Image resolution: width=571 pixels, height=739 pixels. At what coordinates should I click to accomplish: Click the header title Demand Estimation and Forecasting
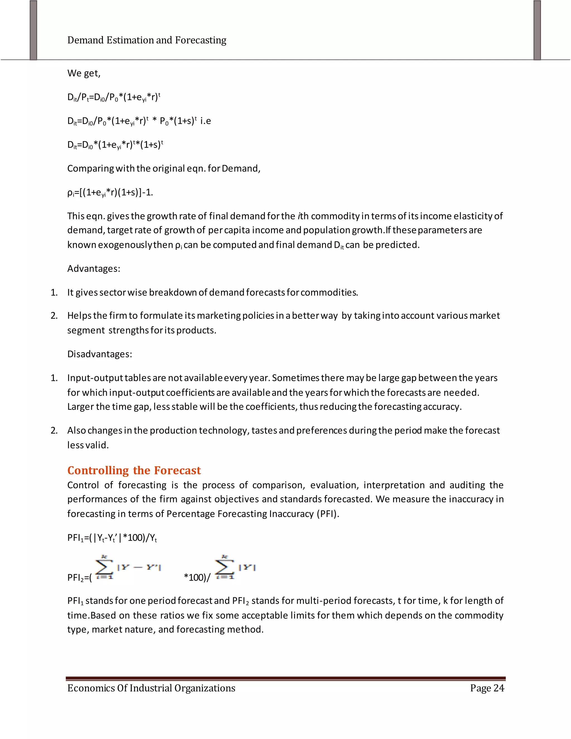click(147, 40)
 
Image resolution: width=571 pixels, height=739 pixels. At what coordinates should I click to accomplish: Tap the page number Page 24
click(487, 688)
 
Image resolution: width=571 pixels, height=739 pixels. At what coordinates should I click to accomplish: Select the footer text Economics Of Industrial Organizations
click(151, 688)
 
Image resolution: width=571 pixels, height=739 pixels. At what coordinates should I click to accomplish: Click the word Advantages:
click(94, 269)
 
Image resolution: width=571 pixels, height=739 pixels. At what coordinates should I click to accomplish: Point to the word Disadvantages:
click(100, 354)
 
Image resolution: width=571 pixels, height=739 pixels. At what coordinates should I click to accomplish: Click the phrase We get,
click(84, 73)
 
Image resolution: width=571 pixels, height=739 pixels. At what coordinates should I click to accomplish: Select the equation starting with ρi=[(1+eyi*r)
click(110, 192)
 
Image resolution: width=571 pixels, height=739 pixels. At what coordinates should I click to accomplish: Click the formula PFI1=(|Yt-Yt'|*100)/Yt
click(112, 538)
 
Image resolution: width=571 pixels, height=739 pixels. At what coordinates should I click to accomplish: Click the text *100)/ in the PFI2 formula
click(197, 577)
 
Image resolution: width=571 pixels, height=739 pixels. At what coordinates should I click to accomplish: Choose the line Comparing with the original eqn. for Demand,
click(164, 168)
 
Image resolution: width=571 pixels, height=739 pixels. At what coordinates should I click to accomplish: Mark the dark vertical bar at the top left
click(33, 30)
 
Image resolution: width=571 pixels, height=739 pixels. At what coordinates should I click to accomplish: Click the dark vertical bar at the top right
click(537, 30)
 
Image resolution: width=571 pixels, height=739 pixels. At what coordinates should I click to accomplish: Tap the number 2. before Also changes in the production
click(54, 430)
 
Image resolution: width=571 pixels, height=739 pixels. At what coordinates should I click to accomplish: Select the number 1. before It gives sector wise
click(54, 292)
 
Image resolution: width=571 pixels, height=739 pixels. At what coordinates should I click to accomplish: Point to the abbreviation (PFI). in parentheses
click(328, 514)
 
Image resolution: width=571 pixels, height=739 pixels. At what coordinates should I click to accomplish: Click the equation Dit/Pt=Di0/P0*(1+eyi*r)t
click(114, 97)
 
